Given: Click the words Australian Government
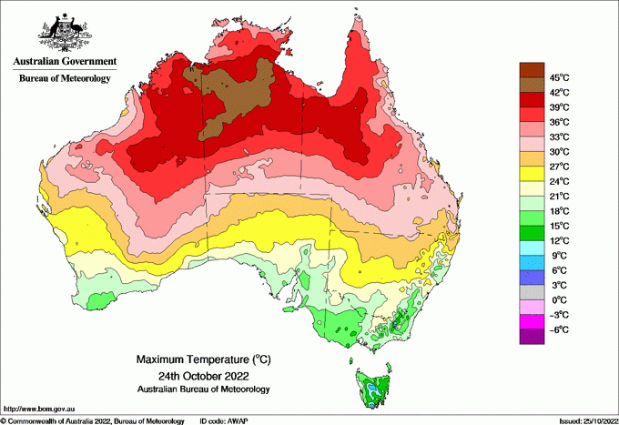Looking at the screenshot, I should pyautogui.click(x=64, y=62).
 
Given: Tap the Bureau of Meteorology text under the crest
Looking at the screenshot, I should pyautogui.click(x=64, y=78).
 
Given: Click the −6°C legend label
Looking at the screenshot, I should pyautogui.click(x=557, y=329).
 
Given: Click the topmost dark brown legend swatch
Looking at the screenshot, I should pyautogui.click(x=531, y=69).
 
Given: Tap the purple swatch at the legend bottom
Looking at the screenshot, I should pyautogui.click(x=531, y=336).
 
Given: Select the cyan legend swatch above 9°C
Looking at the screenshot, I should pyautogui.click(x=531, y=248).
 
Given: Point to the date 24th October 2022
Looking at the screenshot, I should pyautogui.click(x=203, y=375).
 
